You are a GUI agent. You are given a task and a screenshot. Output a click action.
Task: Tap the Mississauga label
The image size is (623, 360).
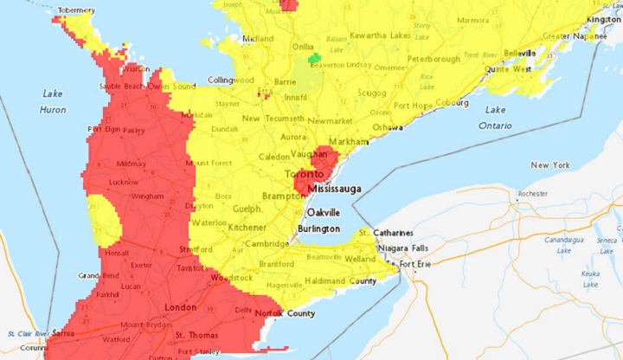332,187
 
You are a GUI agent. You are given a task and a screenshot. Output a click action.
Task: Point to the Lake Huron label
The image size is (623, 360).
52,101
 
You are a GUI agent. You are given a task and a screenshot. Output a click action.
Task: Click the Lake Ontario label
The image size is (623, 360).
495,118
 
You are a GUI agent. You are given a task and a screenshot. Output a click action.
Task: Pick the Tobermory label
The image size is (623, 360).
75,10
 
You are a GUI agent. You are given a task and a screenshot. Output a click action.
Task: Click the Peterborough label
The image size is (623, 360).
434,60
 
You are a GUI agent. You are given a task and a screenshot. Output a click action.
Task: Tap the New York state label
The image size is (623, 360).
551,164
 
